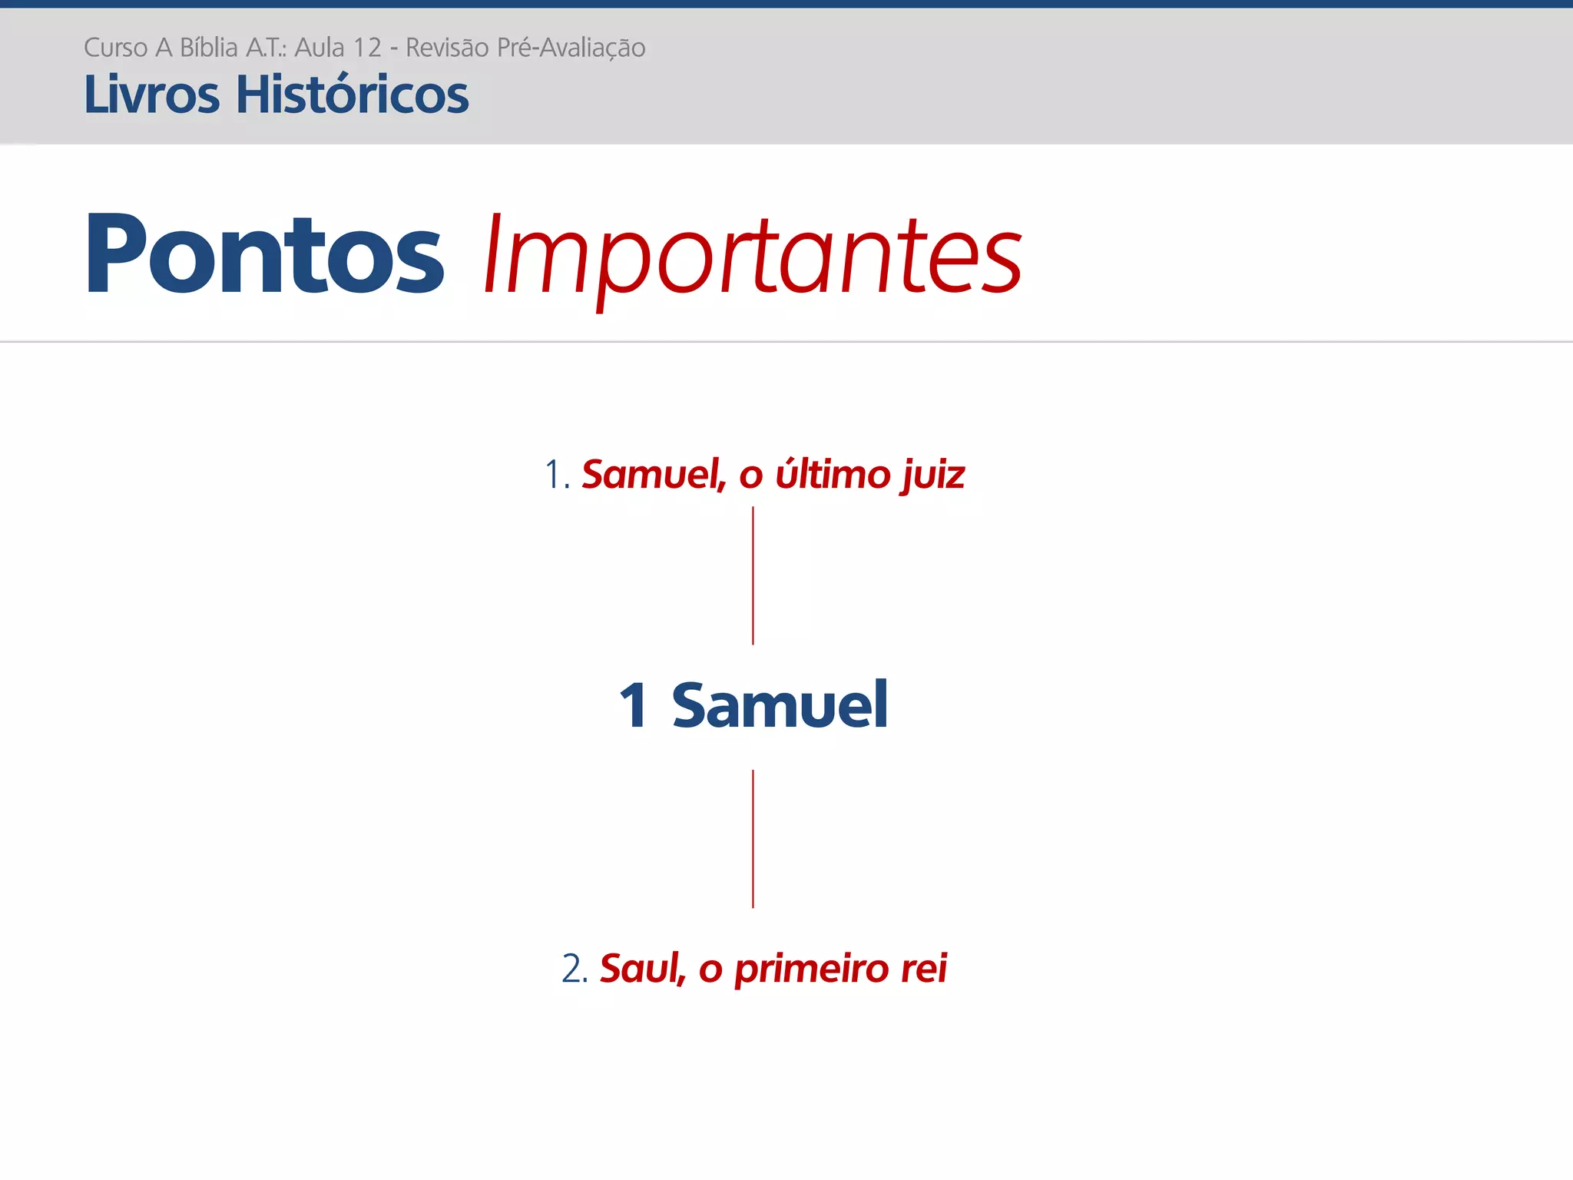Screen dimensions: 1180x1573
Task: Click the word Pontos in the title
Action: (264, 254)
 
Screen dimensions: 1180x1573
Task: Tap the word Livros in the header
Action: (152, 95)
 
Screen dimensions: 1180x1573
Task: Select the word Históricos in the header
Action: (352, 95)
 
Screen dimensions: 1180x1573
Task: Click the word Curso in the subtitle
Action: (115, 48)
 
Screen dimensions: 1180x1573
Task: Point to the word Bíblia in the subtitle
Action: (209, 48)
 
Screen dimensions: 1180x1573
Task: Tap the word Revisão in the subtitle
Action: (447, 48)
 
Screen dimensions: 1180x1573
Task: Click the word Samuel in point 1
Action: (653, 474)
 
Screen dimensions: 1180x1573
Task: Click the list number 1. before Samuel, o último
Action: (557, 475)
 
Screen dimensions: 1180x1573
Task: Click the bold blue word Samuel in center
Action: (780, 704)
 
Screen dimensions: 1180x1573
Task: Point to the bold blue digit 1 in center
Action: (634, 704)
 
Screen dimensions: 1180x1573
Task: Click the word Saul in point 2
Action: (641, 968)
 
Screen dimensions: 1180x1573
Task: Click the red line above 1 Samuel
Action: (753, 575)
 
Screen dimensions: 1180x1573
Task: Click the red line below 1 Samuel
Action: (753, 839)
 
